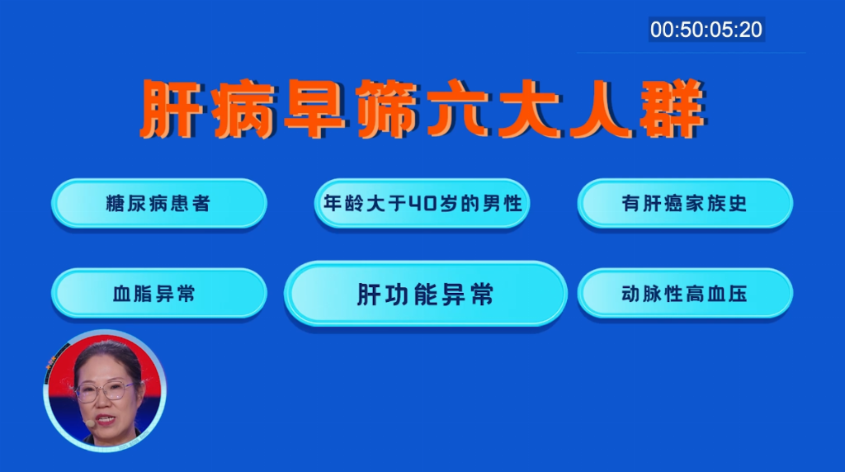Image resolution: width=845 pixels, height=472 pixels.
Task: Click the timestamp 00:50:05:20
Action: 706,30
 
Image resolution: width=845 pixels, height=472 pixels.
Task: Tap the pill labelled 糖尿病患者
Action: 159,203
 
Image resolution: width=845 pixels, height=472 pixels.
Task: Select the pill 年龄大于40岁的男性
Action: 422,203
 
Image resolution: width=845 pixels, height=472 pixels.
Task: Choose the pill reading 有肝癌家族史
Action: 685,203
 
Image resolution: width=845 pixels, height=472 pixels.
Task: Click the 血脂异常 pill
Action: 159,293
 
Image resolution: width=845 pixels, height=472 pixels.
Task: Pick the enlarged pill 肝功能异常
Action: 425,294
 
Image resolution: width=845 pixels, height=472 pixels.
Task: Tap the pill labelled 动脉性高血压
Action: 685,293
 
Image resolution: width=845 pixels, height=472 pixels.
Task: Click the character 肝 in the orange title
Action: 172,109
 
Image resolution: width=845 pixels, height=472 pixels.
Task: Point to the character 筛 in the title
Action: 387,109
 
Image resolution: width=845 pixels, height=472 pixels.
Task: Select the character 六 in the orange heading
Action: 458,109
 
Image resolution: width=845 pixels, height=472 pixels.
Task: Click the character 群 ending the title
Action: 673,109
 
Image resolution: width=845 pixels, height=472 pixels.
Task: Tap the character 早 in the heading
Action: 315,109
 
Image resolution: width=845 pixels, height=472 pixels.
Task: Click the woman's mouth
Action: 106,418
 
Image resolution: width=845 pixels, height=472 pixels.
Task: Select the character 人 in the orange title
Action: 601,109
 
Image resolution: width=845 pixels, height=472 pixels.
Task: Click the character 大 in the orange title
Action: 530,109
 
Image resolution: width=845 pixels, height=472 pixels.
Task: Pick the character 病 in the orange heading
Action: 243,109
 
